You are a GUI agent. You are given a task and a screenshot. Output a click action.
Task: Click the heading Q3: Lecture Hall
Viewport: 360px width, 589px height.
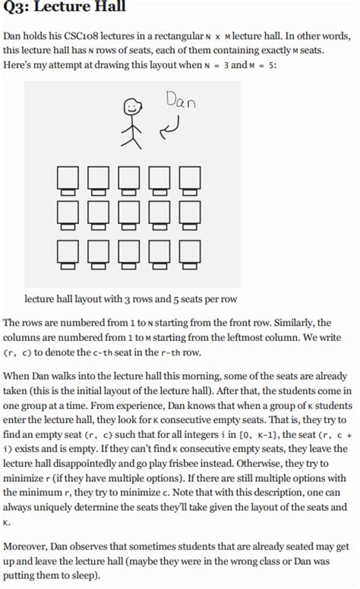tap(65, 8)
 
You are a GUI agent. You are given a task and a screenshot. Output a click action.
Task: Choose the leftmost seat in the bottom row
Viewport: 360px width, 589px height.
tap(67, 253)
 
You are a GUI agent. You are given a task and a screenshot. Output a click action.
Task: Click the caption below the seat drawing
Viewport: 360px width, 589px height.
tap(131, 299)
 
